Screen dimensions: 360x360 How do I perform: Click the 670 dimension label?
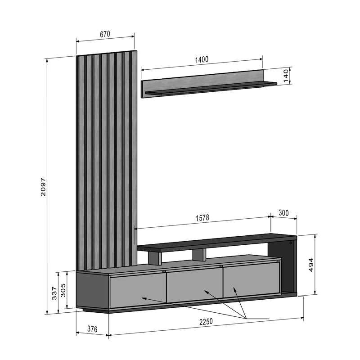tap(105, 34)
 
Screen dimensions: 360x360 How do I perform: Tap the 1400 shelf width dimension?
tap(202, 60)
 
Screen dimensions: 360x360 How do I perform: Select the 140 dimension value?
tap(286, 76)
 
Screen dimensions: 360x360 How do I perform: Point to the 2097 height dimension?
tap(43, 187)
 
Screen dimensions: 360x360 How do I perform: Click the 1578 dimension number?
tap(202, 218)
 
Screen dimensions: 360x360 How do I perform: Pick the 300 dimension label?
tap(284, 213)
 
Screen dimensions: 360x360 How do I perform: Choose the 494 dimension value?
tap(311, 265)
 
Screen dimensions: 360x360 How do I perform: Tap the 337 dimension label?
tap(54, 293)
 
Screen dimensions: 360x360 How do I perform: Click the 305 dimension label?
tap(63, 290)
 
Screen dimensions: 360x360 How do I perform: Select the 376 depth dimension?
tap(92, 329)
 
